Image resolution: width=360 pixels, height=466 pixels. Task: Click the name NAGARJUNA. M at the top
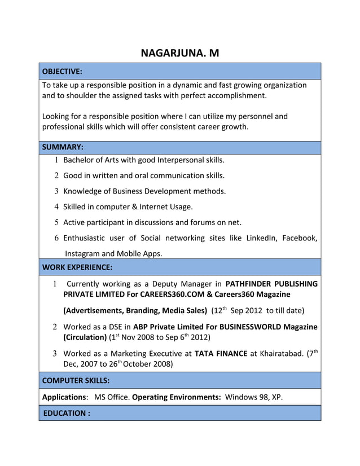tap(179, 54)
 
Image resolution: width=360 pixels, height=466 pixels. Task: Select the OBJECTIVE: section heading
tap(63, 72)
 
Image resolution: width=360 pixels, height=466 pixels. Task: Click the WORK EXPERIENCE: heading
tap(77, 266)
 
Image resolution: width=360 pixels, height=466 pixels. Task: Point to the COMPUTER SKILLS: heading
tap(76, 380)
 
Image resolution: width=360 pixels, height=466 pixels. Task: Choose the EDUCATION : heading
tap(67, 413)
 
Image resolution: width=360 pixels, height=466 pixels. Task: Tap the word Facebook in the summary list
tap(298, 238)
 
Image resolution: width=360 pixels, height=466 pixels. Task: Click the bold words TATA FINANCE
tap(221, 354)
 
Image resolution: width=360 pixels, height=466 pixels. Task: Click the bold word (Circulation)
tap(85, 337)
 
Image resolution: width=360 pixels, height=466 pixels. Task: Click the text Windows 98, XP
tap(253, 397)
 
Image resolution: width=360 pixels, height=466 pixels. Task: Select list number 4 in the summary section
tap(57, 206)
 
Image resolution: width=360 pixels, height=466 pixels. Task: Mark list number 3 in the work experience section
tap(55, 354)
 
